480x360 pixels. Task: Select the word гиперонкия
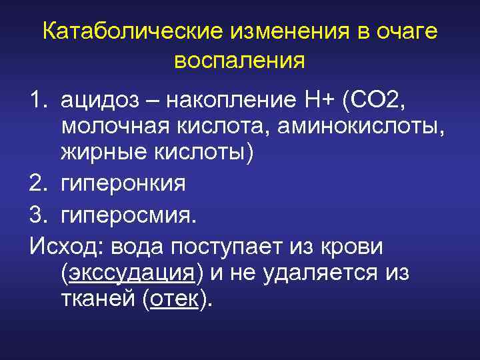(x=123, y=181)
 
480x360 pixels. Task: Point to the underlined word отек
(x=174, y=299)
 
